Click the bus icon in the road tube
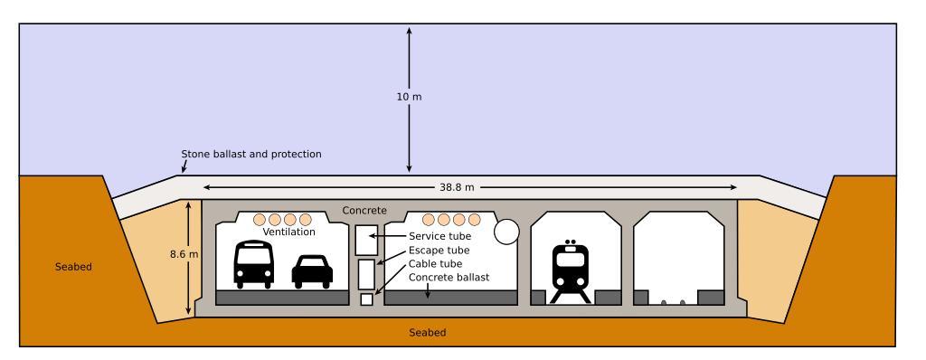pos(254,264)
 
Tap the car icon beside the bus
pos(312,272)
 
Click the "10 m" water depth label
pos(410,97)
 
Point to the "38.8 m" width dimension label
pos(457,187)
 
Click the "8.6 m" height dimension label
pos(184,254)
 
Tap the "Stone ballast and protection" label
pos(251,155)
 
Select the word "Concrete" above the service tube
pos(364,211)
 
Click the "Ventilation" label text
pos(288,232)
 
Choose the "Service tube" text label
pos(440,236)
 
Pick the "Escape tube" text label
pos(439,250)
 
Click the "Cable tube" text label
pos(435,263)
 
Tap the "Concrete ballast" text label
pos(449,278)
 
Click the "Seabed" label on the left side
pos(73,267)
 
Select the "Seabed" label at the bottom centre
pos(428,333)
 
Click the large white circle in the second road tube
pos(506,232)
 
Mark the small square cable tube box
pos(367,299)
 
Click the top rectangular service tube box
pos(366,240)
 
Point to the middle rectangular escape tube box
pos(367,274)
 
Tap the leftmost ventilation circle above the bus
pos(260,220)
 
